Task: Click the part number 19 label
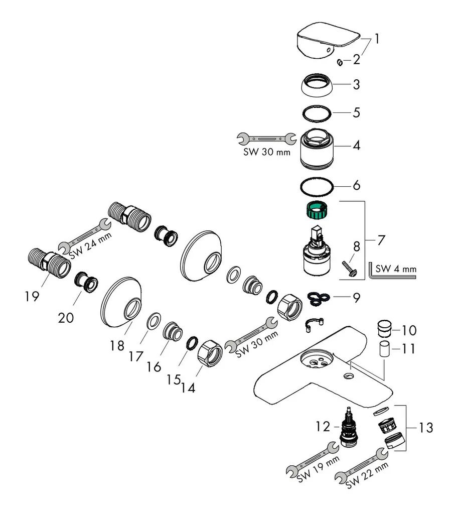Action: [32, 297]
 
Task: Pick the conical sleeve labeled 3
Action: [318, 84]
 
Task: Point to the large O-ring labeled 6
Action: [317, 186]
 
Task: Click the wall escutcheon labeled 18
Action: [122, 301]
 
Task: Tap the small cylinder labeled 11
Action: [385, 348]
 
